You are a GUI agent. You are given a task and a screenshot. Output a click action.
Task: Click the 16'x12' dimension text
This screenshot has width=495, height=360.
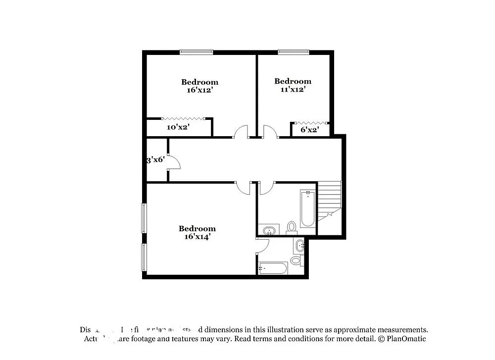(x=199, y=91)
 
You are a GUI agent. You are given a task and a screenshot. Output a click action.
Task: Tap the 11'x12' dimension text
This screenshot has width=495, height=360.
(x=293, y=90)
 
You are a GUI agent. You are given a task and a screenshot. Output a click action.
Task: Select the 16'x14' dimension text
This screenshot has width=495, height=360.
(x=197, y=237)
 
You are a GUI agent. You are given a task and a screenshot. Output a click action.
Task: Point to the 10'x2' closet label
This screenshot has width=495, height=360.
(x=178, y=128)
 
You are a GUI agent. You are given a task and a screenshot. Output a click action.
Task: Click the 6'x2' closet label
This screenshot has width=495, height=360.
(x=310, y=130)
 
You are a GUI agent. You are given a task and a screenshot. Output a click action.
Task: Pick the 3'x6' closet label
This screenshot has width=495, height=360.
(x=155, y=160)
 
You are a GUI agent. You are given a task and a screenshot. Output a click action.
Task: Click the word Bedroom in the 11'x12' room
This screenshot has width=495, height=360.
(x=293, y=81)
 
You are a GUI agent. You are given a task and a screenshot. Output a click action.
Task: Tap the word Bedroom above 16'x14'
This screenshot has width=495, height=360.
(x=197, y=228)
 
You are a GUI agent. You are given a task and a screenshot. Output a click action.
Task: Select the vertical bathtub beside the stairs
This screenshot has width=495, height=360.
(x=307, y=208)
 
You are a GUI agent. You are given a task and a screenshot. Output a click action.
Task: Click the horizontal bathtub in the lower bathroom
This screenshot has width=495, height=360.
(x=273, y=268)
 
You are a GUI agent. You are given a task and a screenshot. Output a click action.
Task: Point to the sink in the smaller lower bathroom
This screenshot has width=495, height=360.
(x=299, y=245)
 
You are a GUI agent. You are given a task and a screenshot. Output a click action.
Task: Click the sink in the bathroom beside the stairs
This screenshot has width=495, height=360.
(x=269, y=230)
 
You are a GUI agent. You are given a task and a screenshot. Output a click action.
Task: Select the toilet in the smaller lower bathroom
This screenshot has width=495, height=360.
(x=296, y=260)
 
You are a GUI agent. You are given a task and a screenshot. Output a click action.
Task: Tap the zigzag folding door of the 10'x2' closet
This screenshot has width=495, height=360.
(x=183, y=118)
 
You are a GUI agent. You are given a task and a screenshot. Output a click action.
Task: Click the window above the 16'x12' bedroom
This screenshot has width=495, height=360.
(x=196, y=51)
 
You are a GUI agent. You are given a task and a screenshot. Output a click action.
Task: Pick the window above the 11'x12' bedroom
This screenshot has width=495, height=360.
(x=293, y=51)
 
